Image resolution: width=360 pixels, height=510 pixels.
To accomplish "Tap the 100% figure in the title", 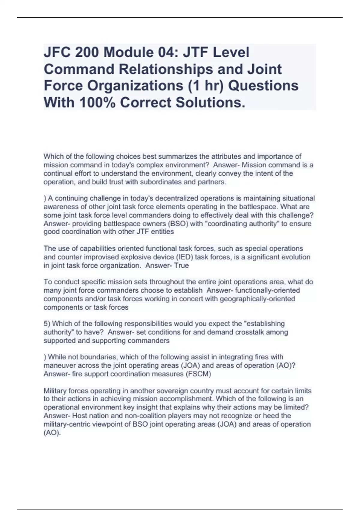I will tap(97, 103).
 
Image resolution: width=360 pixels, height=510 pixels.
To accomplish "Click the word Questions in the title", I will tap(263, 86).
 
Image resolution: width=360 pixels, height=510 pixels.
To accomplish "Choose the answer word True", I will tap(181, 265).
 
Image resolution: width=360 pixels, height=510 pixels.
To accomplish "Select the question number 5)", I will tap(47, 324).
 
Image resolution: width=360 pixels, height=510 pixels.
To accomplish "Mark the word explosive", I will tap(145, 257).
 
